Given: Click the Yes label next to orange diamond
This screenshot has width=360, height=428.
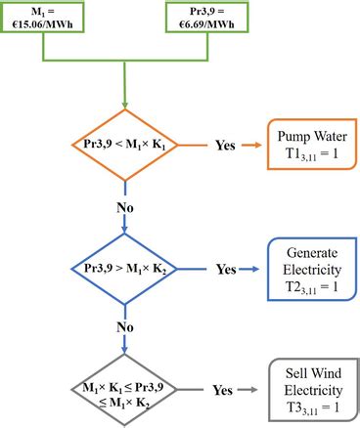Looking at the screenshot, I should [x=225, y=146].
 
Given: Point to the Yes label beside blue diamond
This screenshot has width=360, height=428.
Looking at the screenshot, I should [x=225, y=268].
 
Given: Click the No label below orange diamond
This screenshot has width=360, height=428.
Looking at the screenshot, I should [x=125, y=207].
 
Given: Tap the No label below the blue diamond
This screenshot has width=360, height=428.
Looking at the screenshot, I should [x=125, y=329].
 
